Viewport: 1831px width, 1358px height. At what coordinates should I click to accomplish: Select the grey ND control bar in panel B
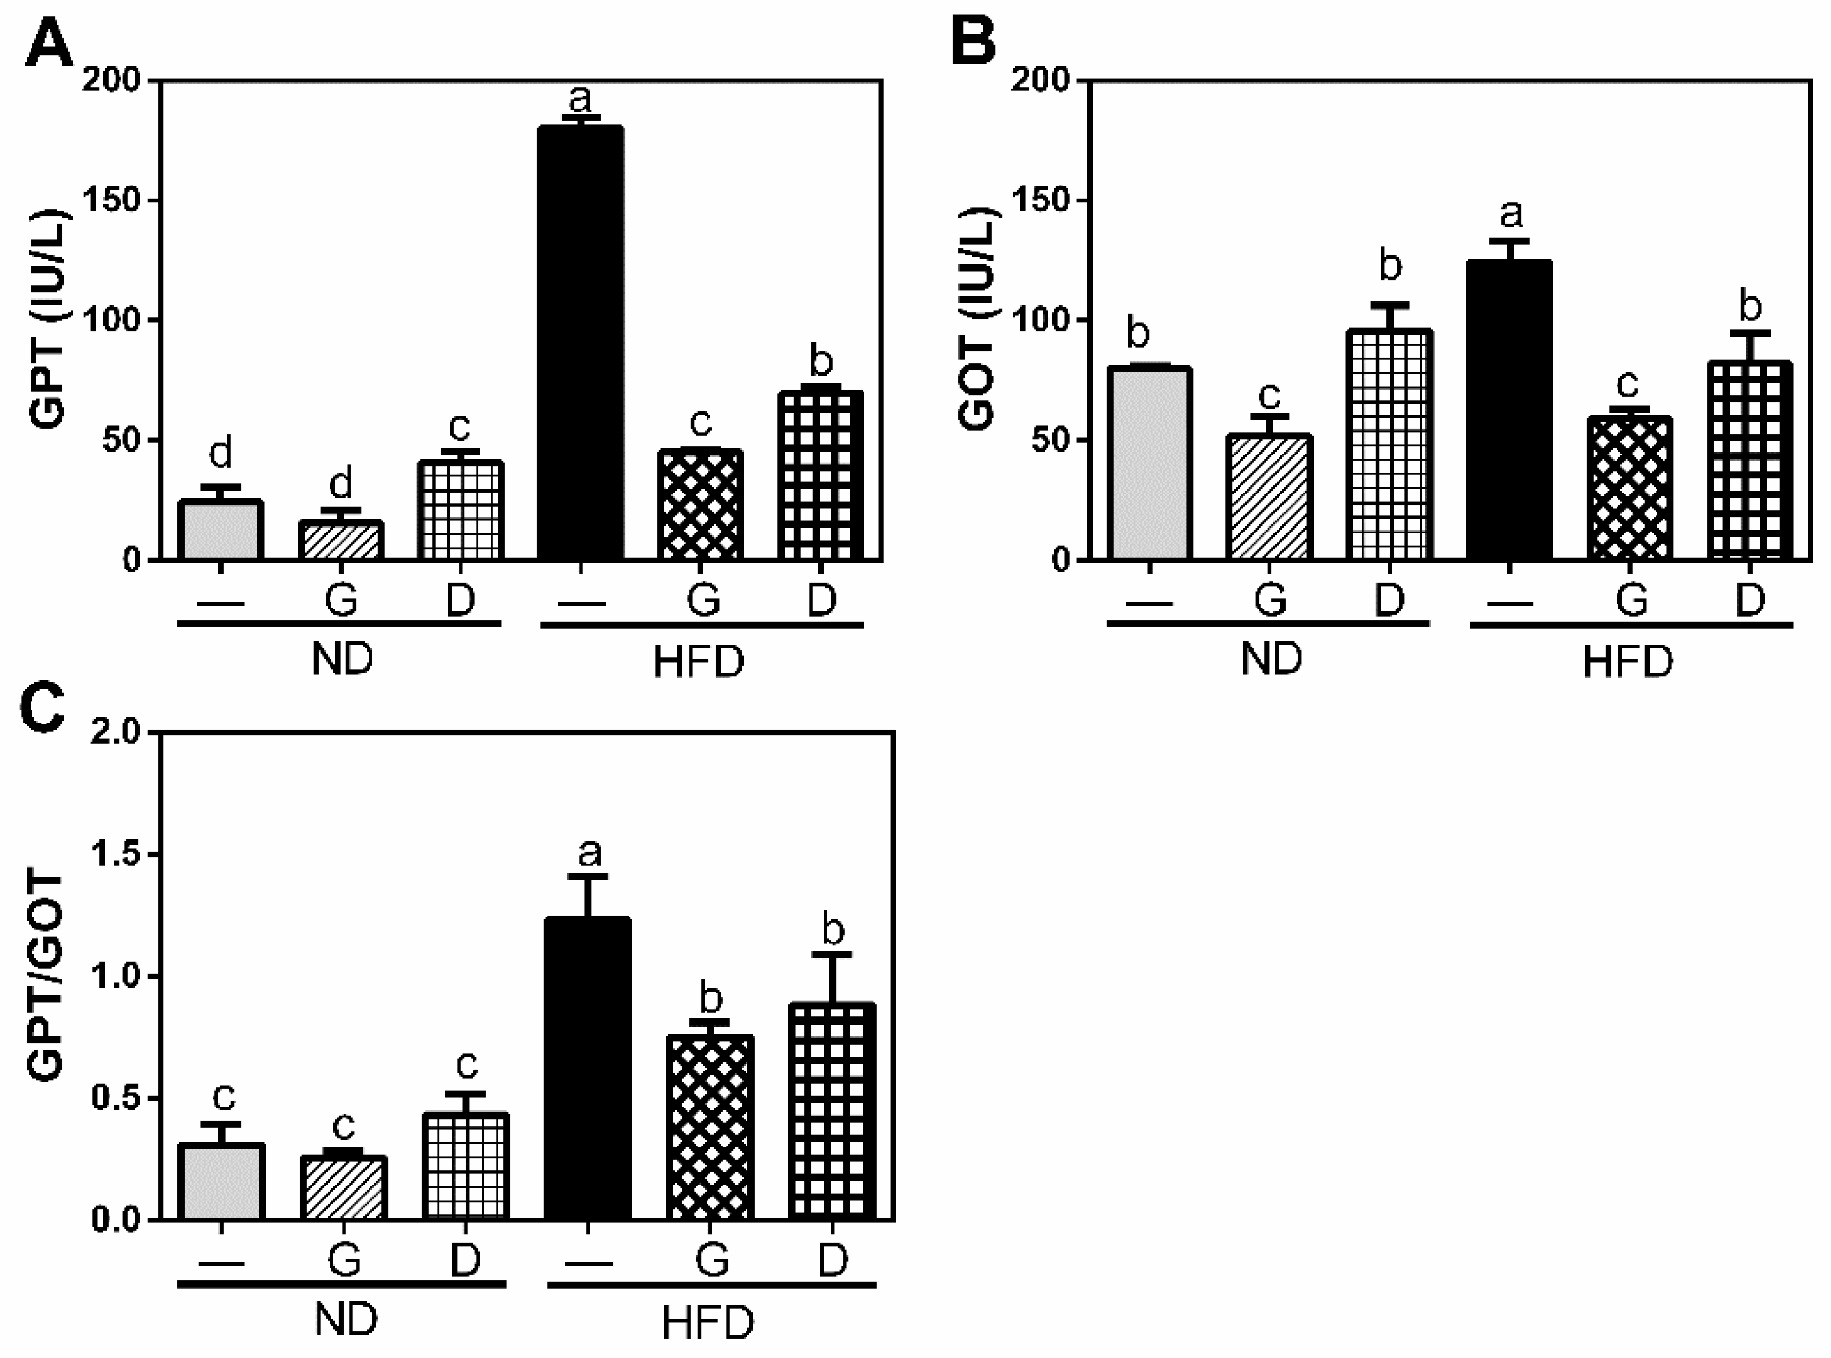(x=1149, y=465)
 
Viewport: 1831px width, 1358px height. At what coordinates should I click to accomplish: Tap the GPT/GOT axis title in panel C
(x=45, y=977)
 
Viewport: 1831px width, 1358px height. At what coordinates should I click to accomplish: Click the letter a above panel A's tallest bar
(x=580, y=99)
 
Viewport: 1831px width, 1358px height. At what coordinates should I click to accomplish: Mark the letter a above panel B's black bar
(x=1511, y=213)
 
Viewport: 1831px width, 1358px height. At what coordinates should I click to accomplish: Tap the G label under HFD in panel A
(x=703, y=600)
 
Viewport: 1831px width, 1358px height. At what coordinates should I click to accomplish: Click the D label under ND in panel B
(x=1390, y=600)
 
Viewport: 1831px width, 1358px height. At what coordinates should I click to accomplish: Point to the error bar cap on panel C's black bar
(x=589, y=877)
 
